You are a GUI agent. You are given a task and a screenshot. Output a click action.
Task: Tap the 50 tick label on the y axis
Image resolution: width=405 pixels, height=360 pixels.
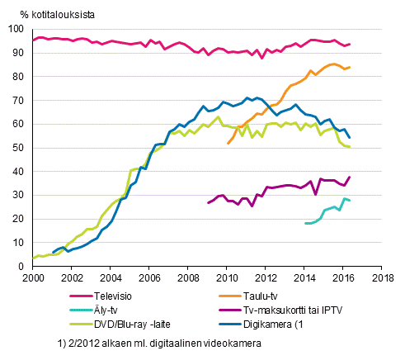coord(19,148)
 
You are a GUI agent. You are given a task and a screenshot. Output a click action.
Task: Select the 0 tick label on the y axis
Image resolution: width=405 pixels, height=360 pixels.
coord(22,267)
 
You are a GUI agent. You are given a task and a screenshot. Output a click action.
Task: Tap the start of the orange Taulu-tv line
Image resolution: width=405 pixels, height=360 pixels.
coord(227,144)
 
